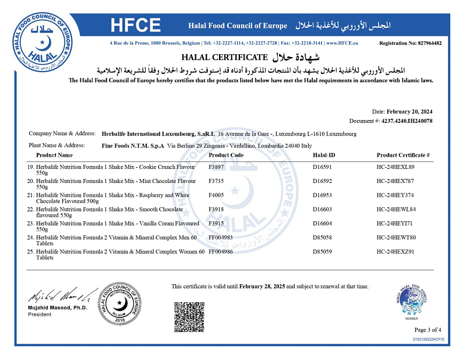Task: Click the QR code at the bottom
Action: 189,317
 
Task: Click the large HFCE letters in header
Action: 135,26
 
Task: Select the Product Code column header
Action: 226,155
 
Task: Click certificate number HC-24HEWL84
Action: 396,209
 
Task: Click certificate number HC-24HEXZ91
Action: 396,251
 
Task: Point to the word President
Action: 40,315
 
